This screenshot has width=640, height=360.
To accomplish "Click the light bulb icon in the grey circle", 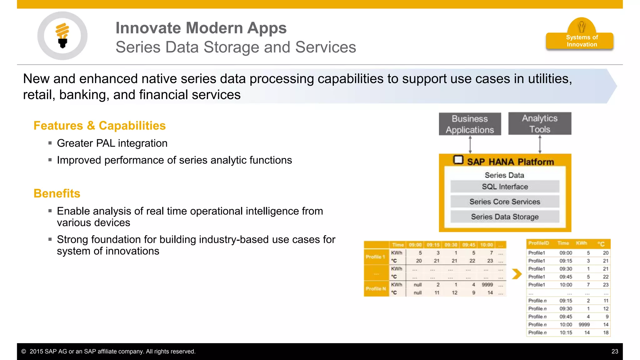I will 62,35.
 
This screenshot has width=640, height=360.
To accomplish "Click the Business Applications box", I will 470,124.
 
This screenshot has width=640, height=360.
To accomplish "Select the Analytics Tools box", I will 540,124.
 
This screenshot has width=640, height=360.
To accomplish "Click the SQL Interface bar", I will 505,187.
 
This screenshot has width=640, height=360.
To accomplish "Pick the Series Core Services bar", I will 505,202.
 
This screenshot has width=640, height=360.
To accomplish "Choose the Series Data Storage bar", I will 505,217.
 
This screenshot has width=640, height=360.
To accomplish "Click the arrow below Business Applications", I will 470,144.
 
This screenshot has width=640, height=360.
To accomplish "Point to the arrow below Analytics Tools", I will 540,144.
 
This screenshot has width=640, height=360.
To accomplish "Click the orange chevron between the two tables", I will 517,274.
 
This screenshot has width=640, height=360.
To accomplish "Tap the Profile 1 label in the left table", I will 376,257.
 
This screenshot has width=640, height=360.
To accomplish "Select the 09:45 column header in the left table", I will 469,245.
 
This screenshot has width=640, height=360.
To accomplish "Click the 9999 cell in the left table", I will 487,285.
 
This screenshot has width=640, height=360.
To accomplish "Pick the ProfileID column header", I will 538,243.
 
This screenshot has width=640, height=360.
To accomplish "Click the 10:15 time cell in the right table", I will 566,332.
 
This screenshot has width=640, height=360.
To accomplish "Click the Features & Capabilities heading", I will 99,126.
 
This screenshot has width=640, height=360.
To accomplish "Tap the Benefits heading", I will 57,193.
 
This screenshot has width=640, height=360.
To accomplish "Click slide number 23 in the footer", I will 614,351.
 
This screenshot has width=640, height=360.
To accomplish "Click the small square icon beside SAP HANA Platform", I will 458,160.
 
